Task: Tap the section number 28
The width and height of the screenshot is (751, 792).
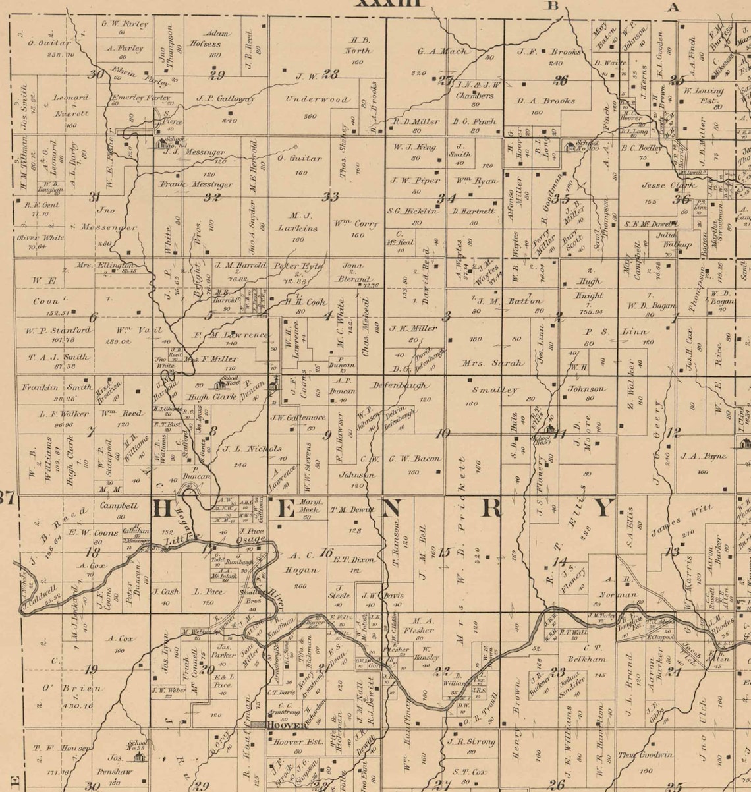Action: click(x=331, y=74)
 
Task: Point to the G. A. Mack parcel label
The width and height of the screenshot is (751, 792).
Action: click(x=442, y=51)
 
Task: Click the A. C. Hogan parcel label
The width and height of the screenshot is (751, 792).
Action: click(x=302, y=561)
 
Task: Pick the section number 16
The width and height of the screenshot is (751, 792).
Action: click(x=326, y=552)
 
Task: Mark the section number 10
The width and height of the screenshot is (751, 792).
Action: click(x=442, y=433)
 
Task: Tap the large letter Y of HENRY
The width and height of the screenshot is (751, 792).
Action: click(x=603, y=509)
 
